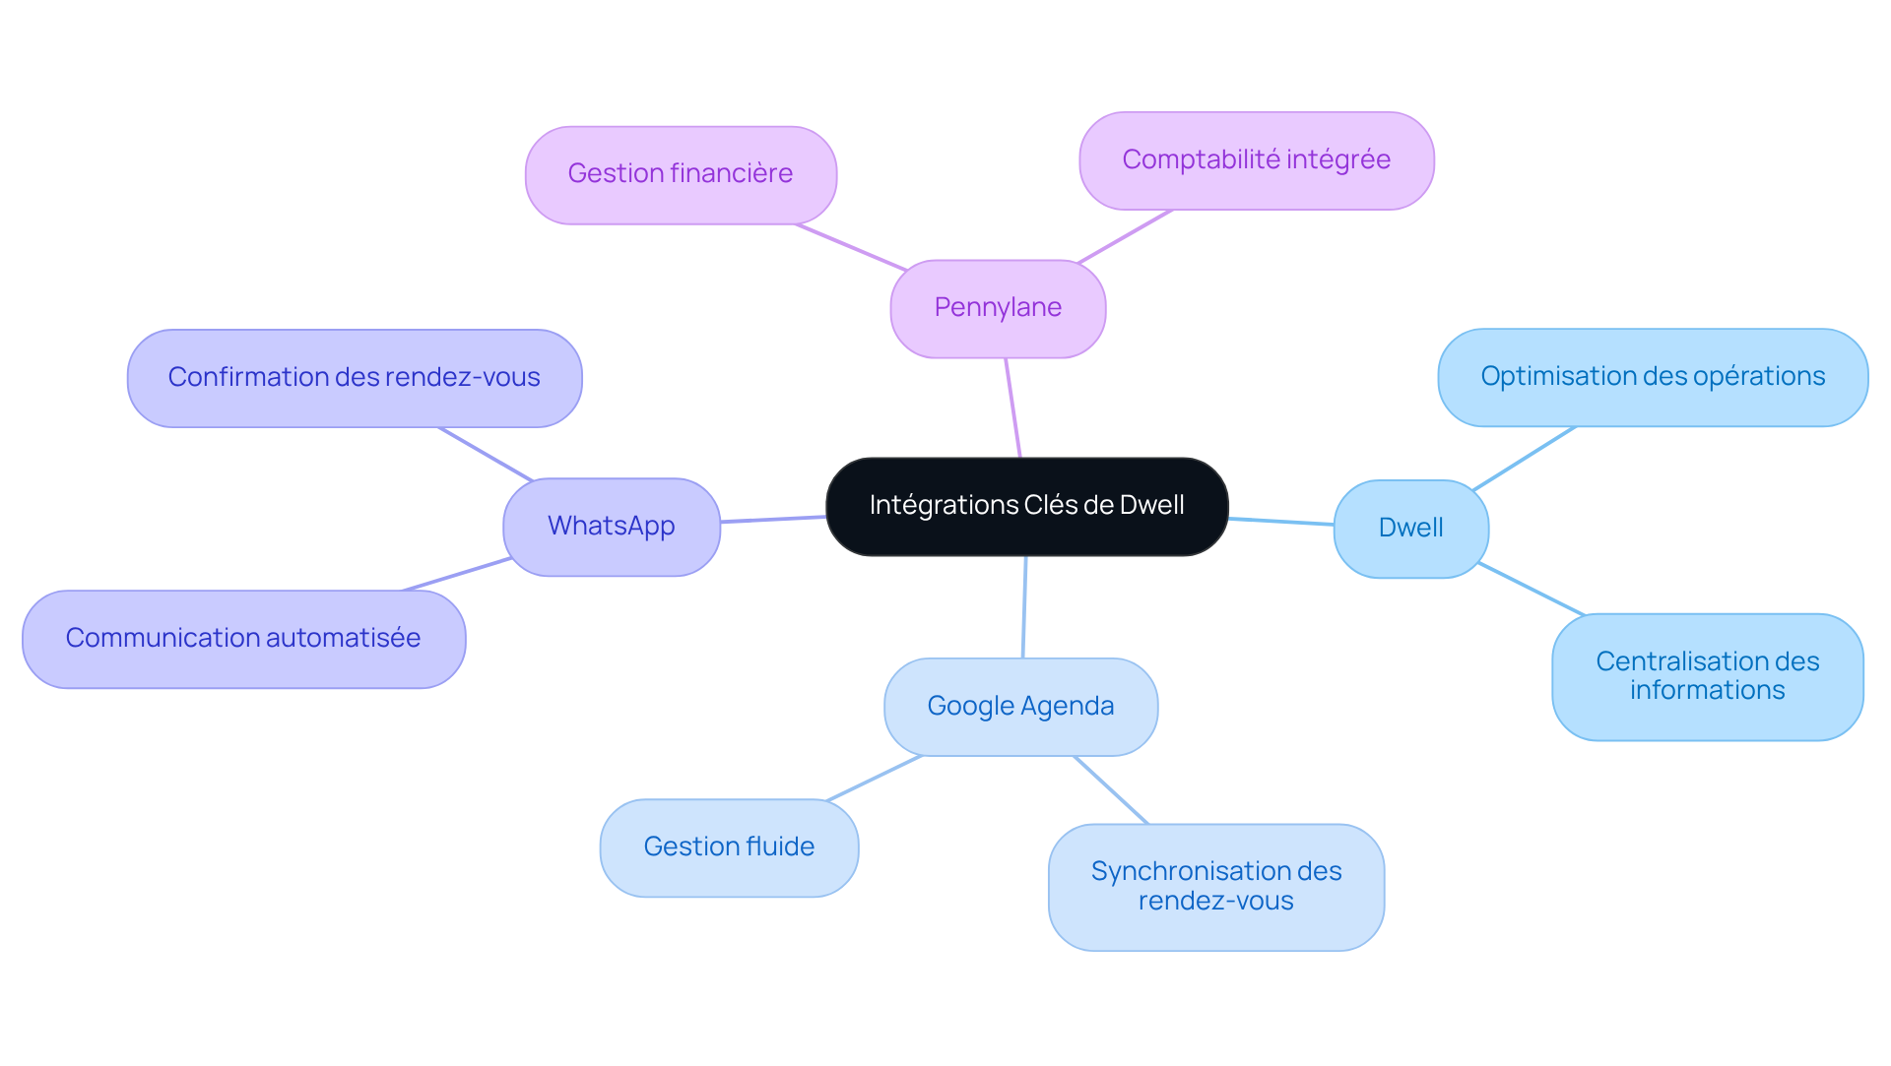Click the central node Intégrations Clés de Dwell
1026,506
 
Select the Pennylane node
998,309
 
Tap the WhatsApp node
612,527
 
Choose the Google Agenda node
1020,707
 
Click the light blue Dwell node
1410,529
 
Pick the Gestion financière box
681,175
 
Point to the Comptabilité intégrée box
1257,160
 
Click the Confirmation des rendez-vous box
355,378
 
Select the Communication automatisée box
243,639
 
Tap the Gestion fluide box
729,847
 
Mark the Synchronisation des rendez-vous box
1216,887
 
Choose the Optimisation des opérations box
1653,377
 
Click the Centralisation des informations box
1708,676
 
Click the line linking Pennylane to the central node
1012,408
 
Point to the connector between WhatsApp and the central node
773,519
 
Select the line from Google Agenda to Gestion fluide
874,778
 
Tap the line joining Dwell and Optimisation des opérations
1524,458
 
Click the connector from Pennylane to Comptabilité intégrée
1125,236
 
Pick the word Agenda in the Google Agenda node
1068,707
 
